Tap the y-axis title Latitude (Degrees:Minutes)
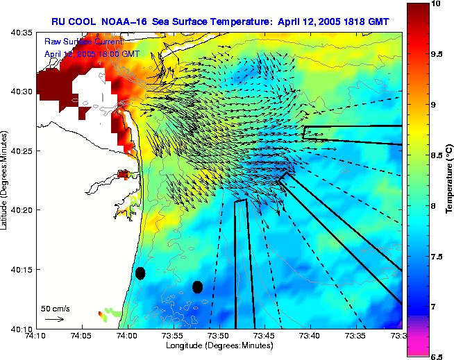click(5, 180)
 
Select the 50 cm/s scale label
click(55, 309)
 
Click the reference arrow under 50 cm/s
click(54, 319)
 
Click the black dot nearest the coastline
click(141, 273)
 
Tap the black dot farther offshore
click(197, 286)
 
